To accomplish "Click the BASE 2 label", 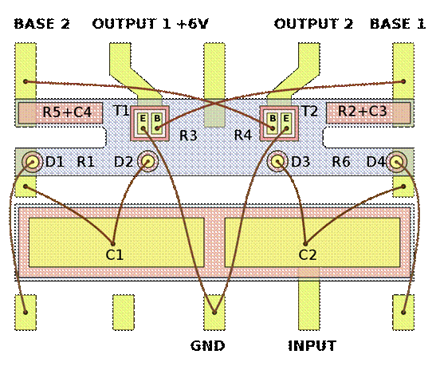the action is click(x=41, y=24).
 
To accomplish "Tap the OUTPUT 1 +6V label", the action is click(x=150, y=24).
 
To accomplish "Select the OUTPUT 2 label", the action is click(x=313, y=24).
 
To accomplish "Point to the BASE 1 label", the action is click(x=398, y=24).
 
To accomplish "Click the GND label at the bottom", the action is click(x=208, y=346).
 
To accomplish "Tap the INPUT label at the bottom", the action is click(x=312, y=346).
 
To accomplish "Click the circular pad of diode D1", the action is click(x=33, y=162).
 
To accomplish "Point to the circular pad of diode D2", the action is click(x=147, y=161).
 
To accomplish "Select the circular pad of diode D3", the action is click(x=277, y=161).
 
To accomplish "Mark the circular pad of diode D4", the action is click(x=396, y=162).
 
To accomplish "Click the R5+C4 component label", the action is click(x=67, y=112).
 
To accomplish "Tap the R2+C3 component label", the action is click(x=363, y=112).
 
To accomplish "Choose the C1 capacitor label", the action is click(x=115, y=254).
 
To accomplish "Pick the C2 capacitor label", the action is click(x=308, y=254).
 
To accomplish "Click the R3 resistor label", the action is click(x=188, y=136).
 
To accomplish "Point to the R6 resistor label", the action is click(x=341, y=162).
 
